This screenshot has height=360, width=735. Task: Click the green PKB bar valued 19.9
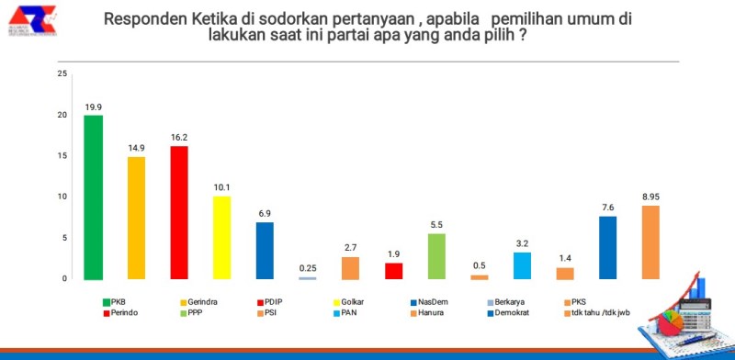pyautogui.click(x=93, y=197)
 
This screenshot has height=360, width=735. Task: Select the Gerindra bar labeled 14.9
pyautogui.click(x=136, y=218)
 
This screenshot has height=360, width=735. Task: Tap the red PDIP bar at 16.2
pyautogui.click(x=179, y=212)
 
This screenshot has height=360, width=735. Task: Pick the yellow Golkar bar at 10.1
pyautogui.click(x=221, y=237)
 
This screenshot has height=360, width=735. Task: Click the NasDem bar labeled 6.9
pyautogui.click(x=265, y=251)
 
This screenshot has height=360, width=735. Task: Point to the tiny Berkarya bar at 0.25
pyautogui.click(x=308, y=277)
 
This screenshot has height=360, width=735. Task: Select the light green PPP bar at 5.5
pyautogui.click(x=436, y=256)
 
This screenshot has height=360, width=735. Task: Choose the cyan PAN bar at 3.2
pyautogui.click(x=522, y=265)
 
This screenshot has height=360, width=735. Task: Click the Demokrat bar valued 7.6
pyautogui.click(x=608, y=247)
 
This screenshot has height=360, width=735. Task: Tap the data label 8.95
pyautogui.click(x=650, y=196)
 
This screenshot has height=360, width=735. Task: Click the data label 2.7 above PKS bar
pyautogui.click(x=350, y=247)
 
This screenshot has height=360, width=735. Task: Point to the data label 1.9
pyautogui.click(x=393, y=253)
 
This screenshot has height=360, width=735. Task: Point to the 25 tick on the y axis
pyautogui.click(x=62, y=73)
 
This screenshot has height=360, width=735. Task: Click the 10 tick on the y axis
pyautogui.click(x=62, y=197)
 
